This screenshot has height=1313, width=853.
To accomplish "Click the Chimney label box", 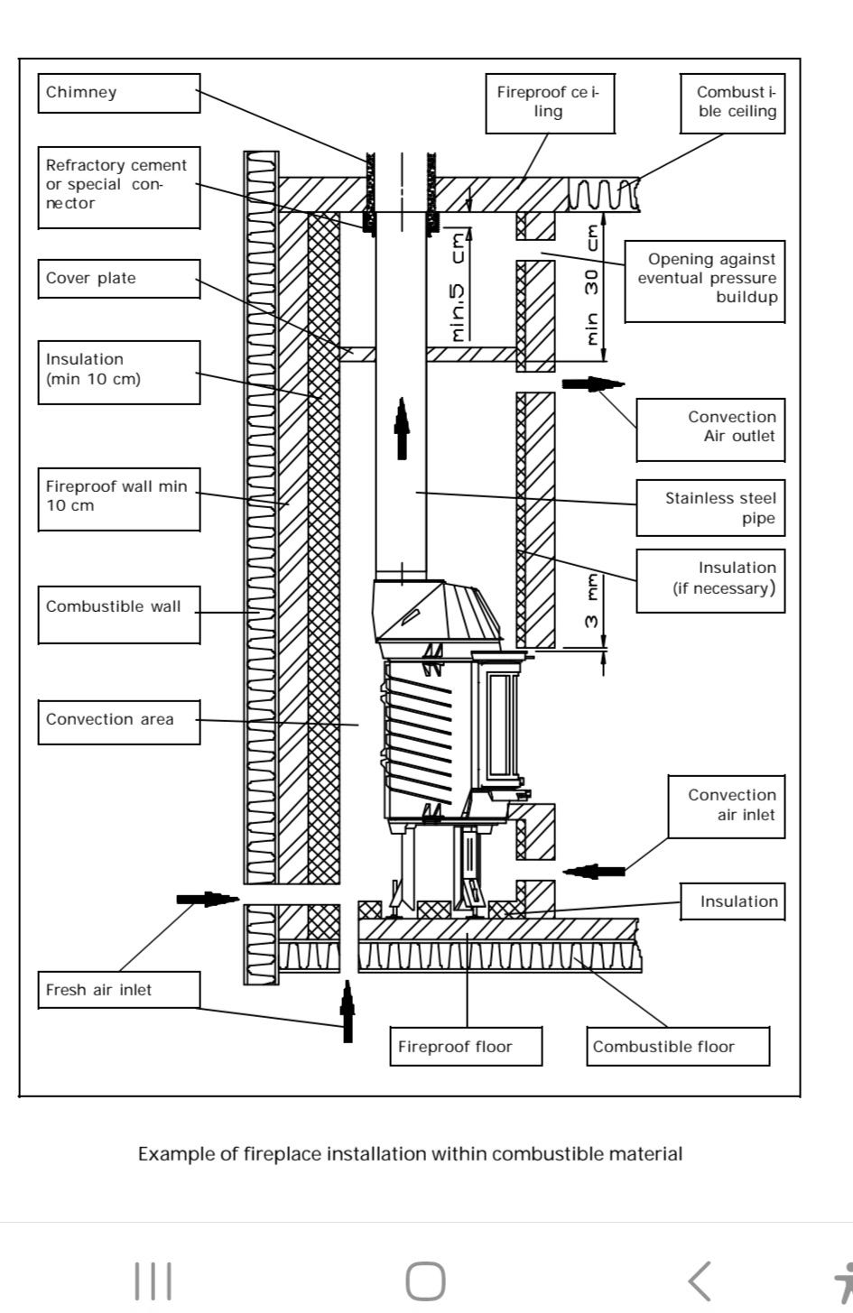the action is (x=119, y=93).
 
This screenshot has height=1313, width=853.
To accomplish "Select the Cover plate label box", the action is (x=119, y=279).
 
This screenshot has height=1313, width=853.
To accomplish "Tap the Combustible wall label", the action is (x=119, y=615).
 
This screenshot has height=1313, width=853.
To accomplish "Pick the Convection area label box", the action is (x=119, y=722).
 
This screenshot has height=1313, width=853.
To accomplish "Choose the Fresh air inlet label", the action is (x=119, y=990).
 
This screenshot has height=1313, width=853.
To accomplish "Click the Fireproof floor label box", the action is (x=466, y=1046).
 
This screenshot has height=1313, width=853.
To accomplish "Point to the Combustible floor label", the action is (x=678, y=1046).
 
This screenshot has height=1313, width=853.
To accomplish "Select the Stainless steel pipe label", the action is (x=710, y=508).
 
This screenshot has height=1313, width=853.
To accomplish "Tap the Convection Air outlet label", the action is (x=710, y=430).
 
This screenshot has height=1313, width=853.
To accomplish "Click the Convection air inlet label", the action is (x=727, y=807).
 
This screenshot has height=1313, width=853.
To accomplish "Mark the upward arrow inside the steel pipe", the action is (x=402, y=429).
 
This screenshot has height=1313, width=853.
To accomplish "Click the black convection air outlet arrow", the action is (x=593, y=384).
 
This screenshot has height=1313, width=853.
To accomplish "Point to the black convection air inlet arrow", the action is (x=593, y=871).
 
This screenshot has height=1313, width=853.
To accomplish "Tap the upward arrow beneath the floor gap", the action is (x=348, y=1011).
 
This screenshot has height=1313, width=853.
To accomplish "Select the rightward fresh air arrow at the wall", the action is (x=208, y=899).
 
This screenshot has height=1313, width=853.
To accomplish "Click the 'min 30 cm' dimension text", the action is (x=592, y=285).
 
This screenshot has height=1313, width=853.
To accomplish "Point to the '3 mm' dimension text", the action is (x=592, y=601).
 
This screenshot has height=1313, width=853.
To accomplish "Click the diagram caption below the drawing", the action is (x=411, y=1153).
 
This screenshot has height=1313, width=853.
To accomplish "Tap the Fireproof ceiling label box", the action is (x=550, y=104).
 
